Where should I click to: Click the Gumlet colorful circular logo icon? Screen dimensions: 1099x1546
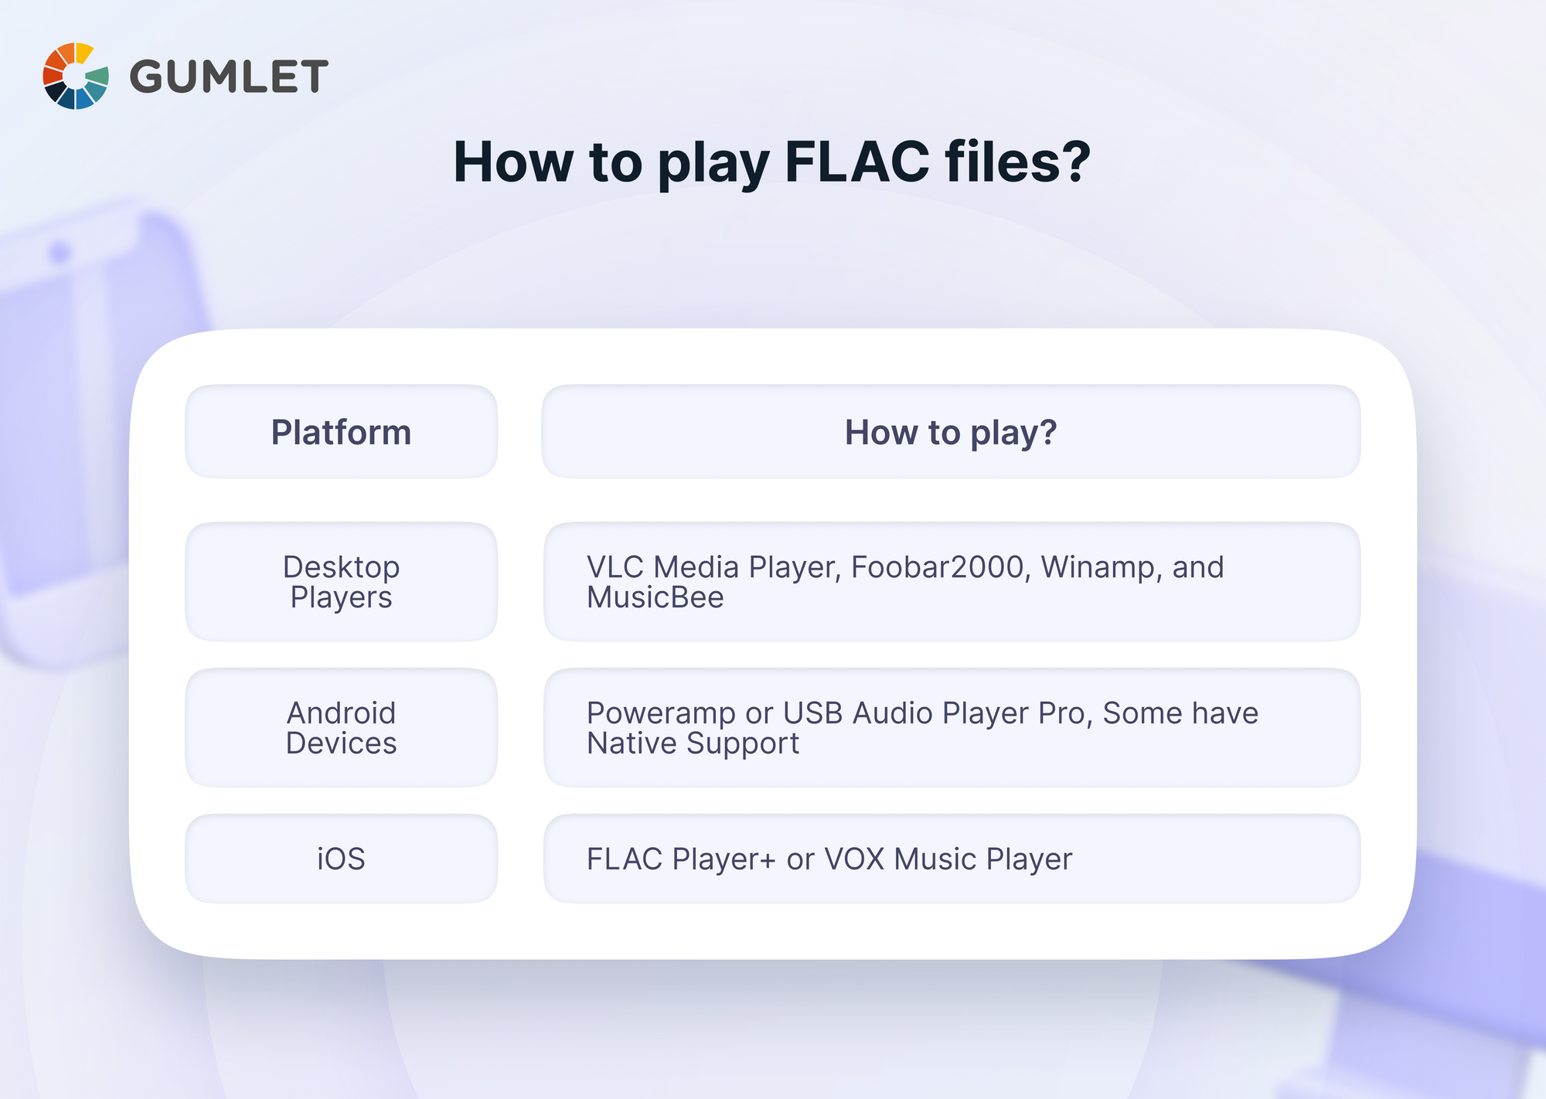(x=75, y=76)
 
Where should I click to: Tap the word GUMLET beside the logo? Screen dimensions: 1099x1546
(x=229, y=77)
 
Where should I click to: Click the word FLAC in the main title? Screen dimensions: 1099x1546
(x=856, y=162)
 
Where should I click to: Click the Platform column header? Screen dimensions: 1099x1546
(x=341, y=432)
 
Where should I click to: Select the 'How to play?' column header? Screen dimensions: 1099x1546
(x=950, y=432)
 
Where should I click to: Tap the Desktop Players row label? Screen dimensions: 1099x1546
(x=341, y=582)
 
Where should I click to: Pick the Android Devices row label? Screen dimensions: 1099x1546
(x=341, y=728)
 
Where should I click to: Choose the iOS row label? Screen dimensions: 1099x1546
(x=341, y=859)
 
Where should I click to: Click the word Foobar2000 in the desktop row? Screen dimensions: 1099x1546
(x=938, y=567)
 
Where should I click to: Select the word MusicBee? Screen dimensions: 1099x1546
(x=655, y=597)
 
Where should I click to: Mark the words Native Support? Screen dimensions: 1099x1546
(x=693, y=743)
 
